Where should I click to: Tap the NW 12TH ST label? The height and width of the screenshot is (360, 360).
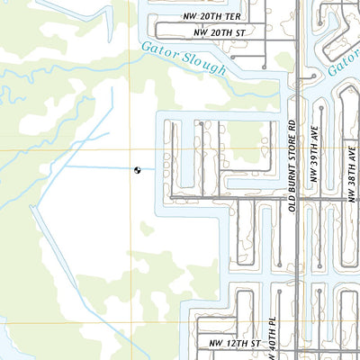click(x=235, y=344)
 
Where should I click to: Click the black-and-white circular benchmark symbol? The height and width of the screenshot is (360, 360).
click(x=138, y=168)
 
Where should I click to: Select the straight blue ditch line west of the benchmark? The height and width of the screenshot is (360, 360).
click(x=99, y=166)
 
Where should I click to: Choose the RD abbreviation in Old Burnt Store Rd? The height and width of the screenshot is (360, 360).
click(x=292, y=127)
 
